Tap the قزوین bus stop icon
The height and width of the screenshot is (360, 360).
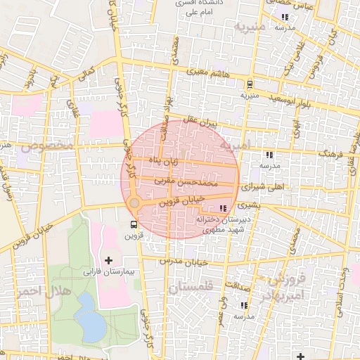133,224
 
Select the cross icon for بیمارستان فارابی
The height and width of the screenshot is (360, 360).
108,260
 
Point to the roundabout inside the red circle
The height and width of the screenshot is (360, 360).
134,203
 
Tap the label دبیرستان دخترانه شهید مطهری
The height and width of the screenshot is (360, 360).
221,224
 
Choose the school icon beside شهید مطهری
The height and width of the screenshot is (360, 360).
224,208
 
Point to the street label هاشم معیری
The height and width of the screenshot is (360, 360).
209,72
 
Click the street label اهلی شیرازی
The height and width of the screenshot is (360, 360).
264,188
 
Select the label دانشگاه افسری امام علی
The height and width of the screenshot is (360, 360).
198,8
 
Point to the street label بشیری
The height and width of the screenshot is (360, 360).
247,206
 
